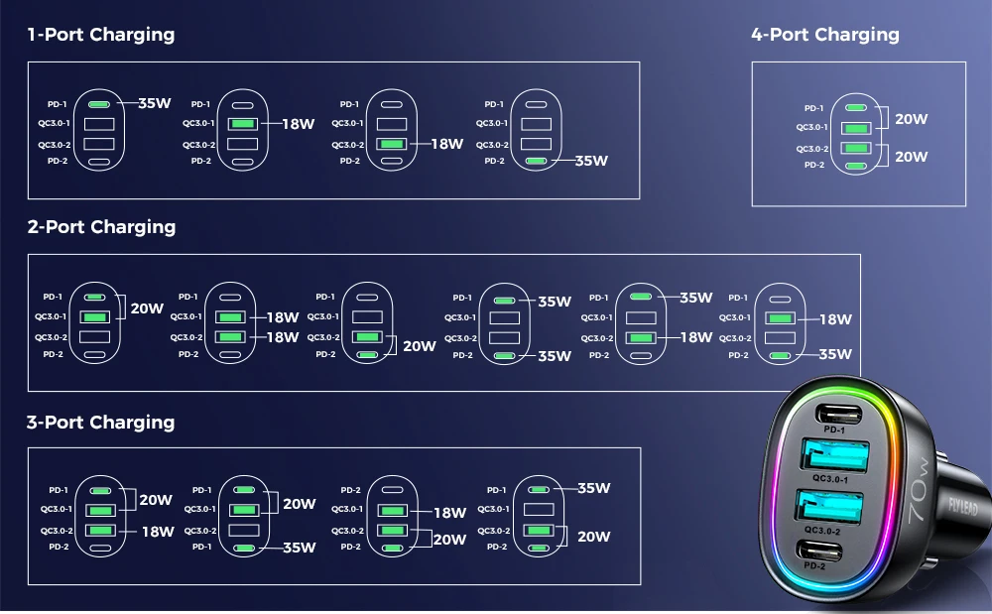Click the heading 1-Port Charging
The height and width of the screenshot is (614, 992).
pyautogui.click(x=100, y=35)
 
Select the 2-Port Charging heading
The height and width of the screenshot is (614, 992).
pyautogui.click(x=101, y=227)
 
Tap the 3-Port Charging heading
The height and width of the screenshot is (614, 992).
pyautogui.click(x=100, y=423)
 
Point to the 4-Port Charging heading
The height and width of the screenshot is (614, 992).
pyautogui.click(x=825, y=35)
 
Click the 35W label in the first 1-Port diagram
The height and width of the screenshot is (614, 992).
pyautogui.click(x=154, y=103)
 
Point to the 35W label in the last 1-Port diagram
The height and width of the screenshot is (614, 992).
pyautogui.click(x=591, y=161)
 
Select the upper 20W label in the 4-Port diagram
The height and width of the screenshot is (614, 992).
pyautogui.click(x=911, y=119)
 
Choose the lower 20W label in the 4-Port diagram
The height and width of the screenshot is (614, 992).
pyautogui.click(x=911, y=157)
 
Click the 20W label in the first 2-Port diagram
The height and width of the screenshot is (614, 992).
pyautogui.click(x=147, y=308)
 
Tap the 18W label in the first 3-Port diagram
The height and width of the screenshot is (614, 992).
pyautogui.click(x=158, y=532)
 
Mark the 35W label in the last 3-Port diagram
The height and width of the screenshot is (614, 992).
pyautogui.click(x=593, y=488)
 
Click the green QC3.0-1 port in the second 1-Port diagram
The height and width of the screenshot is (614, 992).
pyautogui.click(x=243, y=124)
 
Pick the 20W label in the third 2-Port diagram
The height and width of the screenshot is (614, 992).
pyautogui.click(x=420, y=346)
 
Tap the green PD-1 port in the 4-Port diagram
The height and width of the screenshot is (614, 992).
pyautogui.click(x=856, y=108)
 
